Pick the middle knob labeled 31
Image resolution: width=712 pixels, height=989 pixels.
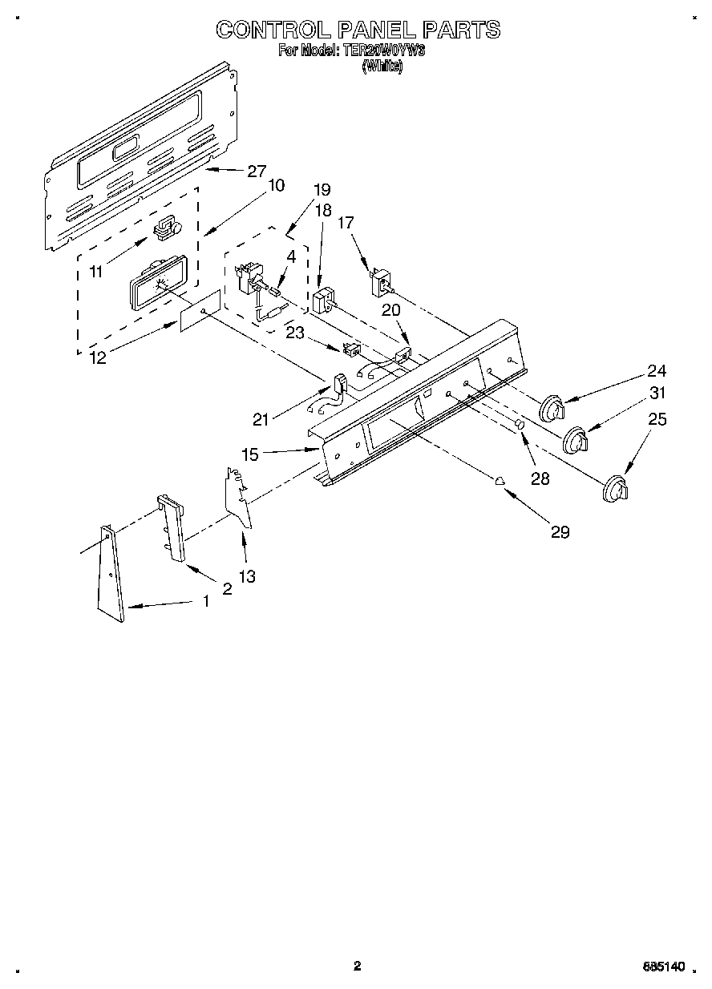click(575, 441)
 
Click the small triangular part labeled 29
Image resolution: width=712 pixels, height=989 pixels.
click(500, 481)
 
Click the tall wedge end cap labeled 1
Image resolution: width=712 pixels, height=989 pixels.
click(110, 573)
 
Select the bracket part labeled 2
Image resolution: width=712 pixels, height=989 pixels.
click(173, 528)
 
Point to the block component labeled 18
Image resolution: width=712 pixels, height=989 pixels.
click(324, 303)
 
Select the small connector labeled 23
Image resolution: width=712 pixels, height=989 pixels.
click(350, 349)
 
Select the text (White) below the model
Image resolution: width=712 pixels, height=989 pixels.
click(381, 67)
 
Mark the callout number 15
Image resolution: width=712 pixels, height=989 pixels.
click(249, 454)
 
